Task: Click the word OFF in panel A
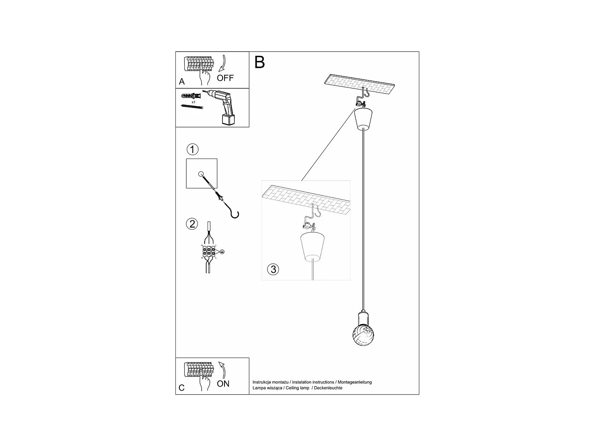click(x=225, y=78)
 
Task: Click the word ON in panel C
click(x=223, y=384)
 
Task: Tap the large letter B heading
click(x=259, y=63)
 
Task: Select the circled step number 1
click(x=192, y=150)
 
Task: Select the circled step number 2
click(x=192, y=224)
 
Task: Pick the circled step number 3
click(x=273, y=270)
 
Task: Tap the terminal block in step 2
click(x=208, y=252)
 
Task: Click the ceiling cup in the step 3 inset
click(x=313, y=247)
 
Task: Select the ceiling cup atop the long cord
click(x=364, y=118)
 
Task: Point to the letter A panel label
click(x=182, y=82)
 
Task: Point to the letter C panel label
click(x=182, y=388)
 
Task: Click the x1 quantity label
click(x=193, y=102)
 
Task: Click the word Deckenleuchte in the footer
click(x=328, y=388)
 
